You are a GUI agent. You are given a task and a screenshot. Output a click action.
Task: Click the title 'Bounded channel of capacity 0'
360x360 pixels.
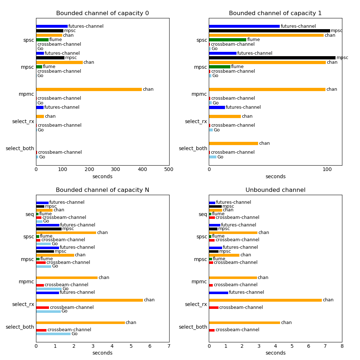pyautogui.click(x=102, y=13)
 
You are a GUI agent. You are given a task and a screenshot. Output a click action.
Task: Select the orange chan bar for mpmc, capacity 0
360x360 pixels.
pyautogui.click(x=89, y=89)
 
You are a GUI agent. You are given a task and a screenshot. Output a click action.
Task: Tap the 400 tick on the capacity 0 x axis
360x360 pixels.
pyautogui.click(x=142, y=169)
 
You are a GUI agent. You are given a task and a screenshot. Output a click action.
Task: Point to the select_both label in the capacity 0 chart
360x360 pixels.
pyautogui.click(x=20, y=148)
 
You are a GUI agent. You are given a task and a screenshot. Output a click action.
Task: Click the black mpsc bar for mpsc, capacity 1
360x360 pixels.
pyautogui.click(x=272, y=58)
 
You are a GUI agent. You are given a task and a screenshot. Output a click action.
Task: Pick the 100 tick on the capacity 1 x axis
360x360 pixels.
pyautogui.click(x=327, y=169)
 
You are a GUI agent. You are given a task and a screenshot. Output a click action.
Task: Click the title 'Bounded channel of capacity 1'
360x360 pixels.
pyautogui.click(x=275, y=13)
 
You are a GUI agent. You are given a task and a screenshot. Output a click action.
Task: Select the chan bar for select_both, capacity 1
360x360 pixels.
pyautogui.click(x=233, y=143)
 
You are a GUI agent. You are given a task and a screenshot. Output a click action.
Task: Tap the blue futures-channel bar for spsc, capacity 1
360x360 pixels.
pyautogui.click(x=244, y=26)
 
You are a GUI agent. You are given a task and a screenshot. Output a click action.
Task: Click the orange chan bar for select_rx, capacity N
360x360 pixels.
pyautogui.click(x=89, y=300)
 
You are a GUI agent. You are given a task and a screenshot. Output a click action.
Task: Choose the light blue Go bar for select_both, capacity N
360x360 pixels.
pyautogui.click(x=53, y=334)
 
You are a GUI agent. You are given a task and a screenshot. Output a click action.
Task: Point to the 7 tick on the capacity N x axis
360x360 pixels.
pyautogui.click(x=169, y=346)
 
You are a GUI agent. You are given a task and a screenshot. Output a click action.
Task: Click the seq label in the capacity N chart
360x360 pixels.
pyautogui.click(x=30, y=214)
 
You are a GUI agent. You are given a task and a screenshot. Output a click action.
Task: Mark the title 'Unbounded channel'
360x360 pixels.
pyautogui.click(x=275, y=190)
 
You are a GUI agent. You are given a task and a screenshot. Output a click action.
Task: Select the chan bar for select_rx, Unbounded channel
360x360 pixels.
pyautogui.click(x=265, y=300)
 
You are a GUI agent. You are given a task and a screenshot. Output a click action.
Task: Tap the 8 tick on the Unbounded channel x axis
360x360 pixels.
pyautogui.click(x=342, y=346)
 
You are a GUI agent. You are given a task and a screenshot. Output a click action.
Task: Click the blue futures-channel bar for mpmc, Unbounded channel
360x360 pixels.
pyautogui.click(x=219, y=293)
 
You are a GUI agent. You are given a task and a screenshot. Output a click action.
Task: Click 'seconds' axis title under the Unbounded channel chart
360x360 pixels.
pyautogui.click(x=275, y=353)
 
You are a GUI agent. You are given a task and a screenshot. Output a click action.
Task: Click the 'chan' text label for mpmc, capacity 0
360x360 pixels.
pyautogui.click(x=148, y=89)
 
